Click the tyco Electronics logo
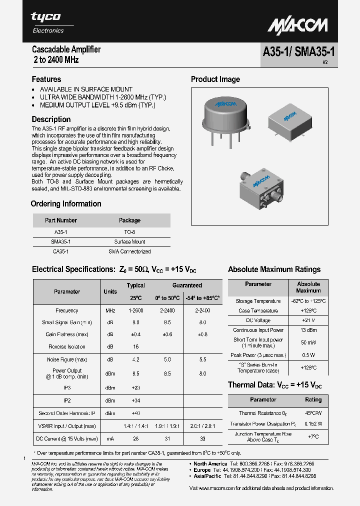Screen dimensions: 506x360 coord(47,22)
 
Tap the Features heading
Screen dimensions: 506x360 coord(46,79)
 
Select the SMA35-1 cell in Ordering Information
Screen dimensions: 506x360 coord(60,241)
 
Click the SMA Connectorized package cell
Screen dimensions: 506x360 coord(129,251)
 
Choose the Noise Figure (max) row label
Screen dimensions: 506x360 coord(66,359)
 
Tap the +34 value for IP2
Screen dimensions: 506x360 coord(135,400)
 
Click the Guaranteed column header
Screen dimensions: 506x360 coord(187,285)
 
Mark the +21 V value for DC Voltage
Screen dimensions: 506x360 coord(308,320)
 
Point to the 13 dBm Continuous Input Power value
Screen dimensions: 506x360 coord(308,330)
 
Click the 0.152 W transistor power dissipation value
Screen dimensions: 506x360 coord(313,423)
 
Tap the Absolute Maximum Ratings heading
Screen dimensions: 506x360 coord(274,269)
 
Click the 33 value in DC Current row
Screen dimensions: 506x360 coord(202,438)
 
